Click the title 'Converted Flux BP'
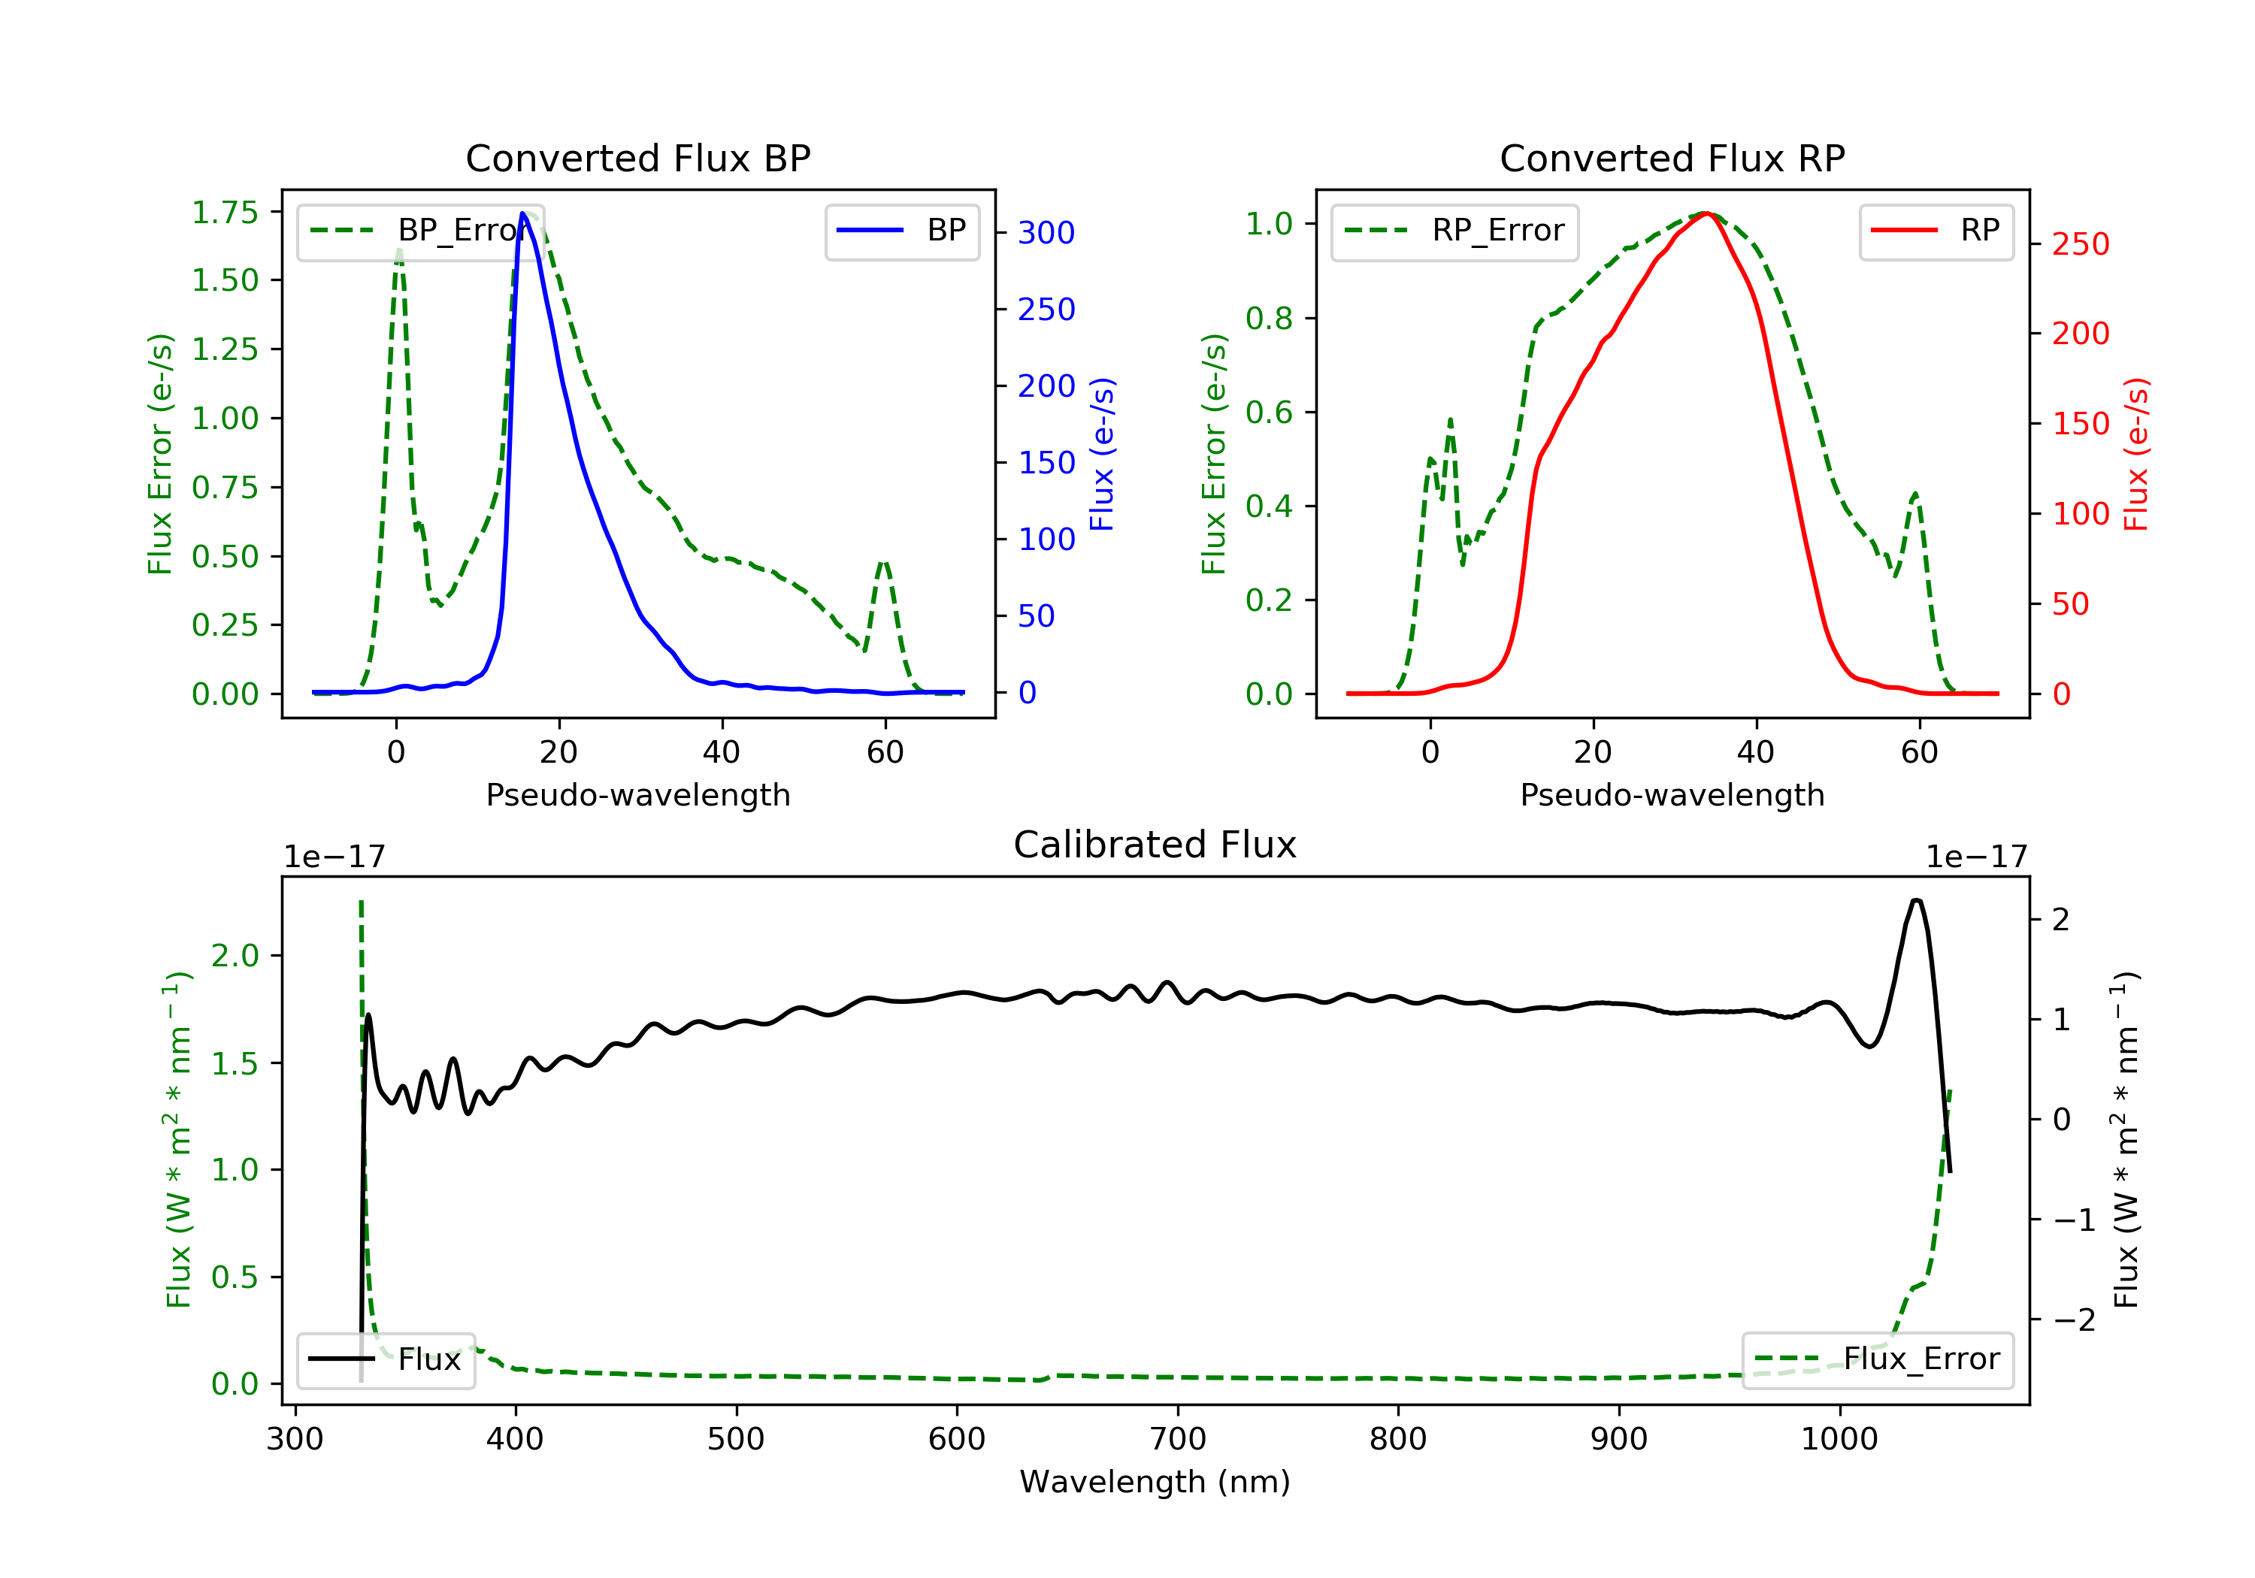(637, 158)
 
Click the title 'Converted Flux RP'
(1672, 158)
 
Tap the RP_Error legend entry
(1454, 231)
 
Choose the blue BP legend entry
(901, 231)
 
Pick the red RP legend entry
(1936, 231)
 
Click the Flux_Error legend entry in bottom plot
(1877, 1359)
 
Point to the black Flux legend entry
(385, 1359)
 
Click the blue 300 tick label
(1046, 233)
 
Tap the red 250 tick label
(2080, 243)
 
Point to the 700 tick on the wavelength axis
(1176, 1440)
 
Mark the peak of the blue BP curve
(522, 213)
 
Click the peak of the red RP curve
(1706, 213)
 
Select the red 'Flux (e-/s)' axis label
(2135, 454)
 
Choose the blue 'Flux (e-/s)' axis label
(1101, 454)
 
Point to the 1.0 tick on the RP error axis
(1269, 224)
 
